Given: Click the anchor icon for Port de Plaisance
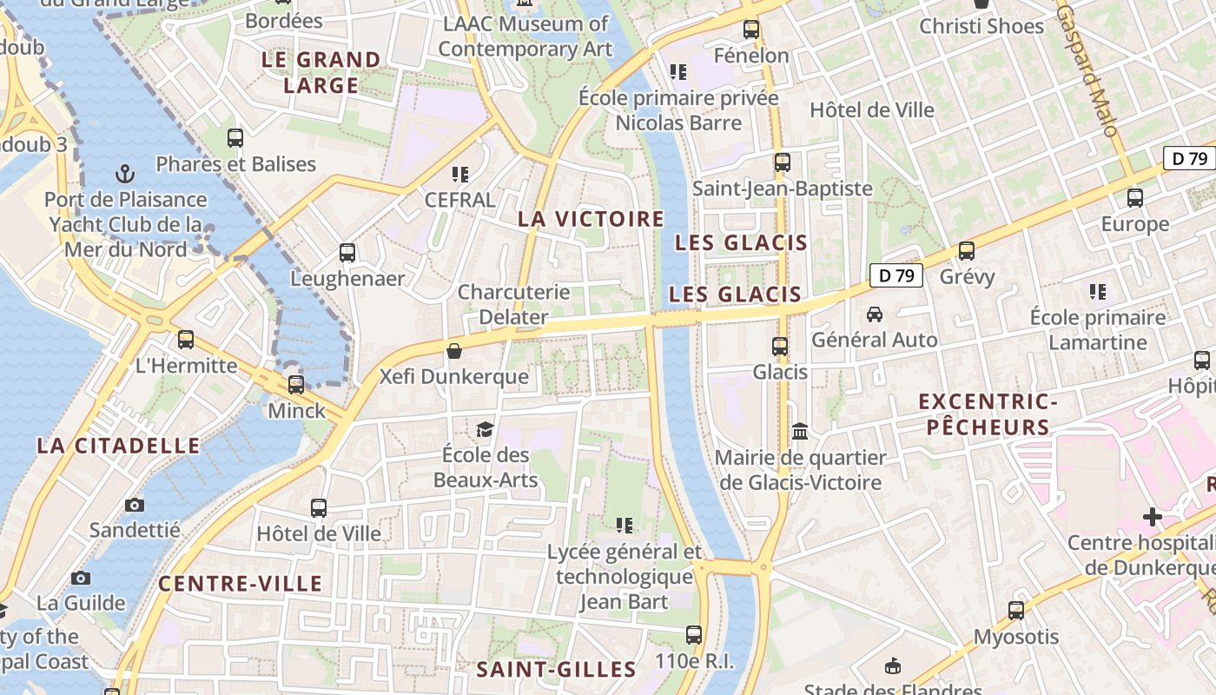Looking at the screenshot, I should point(126,173).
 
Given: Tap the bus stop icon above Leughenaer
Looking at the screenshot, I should point(347,253).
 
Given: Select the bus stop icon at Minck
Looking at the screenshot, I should point(296,384).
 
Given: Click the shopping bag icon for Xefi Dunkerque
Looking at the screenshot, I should point(453,351).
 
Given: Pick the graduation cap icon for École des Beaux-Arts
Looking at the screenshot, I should point(485,429).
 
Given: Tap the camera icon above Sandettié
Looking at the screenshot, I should point(135,505).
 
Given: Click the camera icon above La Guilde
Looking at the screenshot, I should point(81,578).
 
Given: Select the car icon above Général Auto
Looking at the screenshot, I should point(875,314).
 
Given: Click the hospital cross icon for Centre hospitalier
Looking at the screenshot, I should point(1153,517).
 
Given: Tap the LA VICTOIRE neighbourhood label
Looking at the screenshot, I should point(591,219).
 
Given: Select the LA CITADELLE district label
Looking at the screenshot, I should point(118,446).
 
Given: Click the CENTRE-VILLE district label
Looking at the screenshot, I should point(241,584).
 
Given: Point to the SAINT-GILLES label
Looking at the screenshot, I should point(556,669).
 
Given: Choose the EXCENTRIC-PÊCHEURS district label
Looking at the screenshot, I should point(988,414).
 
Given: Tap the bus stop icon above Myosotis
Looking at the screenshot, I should point(1016,611).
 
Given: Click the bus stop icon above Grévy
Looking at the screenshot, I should point(967,251).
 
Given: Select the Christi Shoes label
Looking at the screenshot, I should point(981,26).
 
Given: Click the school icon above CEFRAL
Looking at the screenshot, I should point(459,174).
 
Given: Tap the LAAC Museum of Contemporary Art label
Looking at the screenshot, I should point(525,36).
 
